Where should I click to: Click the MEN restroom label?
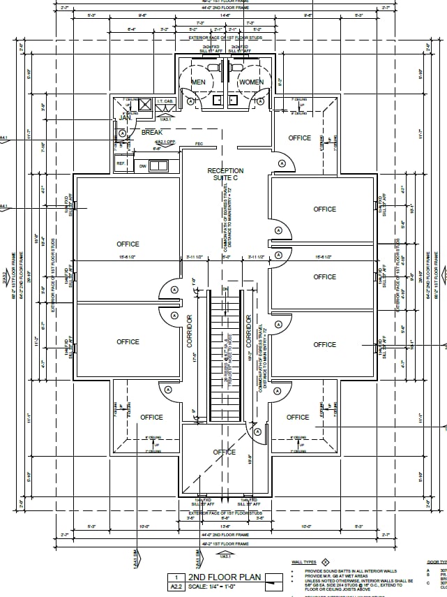[x=199, y=82]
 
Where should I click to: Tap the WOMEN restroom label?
[x=251, y=82]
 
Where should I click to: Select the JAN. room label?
[x=126, y=118]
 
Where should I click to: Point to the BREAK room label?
[x=152, y=132]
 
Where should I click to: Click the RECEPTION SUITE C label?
[x=225, y=174]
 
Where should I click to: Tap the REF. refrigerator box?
[x=121, y=164]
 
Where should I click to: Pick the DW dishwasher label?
[x=142, y=165]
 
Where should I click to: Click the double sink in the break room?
[x=158, y=165]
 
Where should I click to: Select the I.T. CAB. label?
[x=165, y=102]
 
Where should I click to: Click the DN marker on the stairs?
[x=225, y=289]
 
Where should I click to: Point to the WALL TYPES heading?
[x=304, y=562]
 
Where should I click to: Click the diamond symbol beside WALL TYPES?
[x=325, y=562]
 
